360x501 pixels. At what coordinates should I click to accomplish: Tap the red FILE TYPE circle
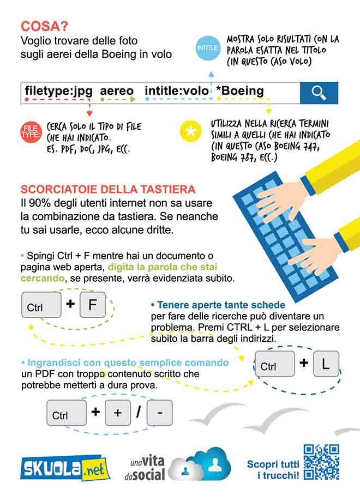(31, 131)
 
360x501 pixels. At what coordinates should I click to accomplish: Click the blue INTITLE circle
(208, 49)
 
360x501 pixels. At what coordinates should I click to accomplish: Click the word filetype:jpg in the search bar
(59, 91)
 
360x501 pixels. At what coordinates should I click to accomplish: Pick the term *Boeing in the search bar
(239, 91)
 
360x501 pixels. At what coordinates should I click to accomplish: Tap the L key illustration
(326, 364)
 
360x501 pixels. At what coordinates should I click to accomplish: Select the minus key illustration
(159, 413)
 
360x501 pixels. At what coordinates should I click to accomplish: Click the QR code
(321, 462)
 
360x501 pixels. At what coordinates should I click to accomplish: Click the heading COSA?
(44, 26)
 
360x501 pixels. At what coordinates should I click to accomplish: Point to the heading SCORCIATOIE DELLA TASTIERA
(107, 190)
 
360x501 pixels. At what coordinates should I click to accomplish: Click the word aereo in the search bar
(117, 91)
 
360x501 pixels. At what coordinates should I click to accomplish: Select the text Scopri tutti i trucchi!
(273, 469)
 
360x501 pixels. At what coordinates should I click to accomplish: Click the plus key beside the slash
(118, 413)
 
